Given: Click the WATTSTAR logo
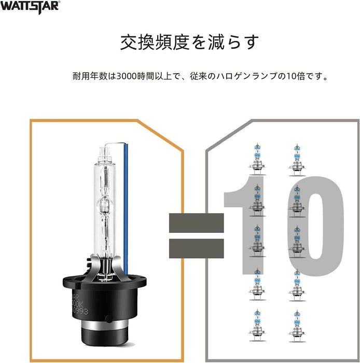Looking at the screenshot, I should click(30, 6).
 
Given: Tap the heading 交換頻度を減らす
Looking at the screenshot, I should click(189, 42).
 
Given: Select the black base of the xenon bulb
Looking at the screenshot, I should click(104, 301).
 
